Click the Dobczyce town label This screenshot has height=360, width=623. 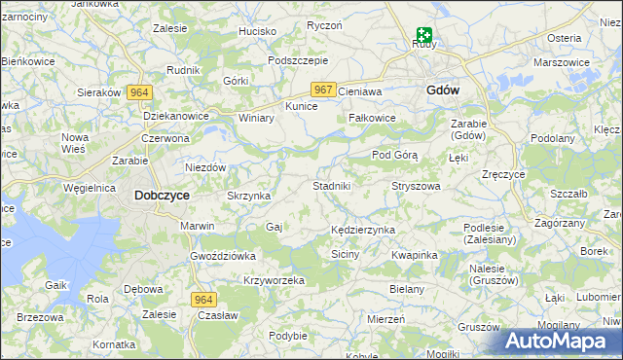pyautogui.click(x=161, y=196)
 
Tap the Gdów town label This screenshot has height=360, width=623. pyautogui.click(x=443, y=90)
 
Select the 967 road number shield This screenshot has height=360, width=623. pyautogui.click(x=324, y=90)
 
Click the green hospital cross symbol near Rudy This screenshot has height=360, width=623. pyautogui.click(x=424, y=34)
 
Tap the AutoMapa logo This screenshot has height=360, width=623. pyautogui.click(x=563, y=341)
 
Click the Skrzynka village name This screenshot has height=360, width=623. pyautogui.click(x=248, y=196)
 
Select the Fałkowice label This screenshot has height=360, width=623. pyautogui.click(x=372, y=119)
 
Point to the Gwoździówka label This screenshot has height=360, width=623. pyautogui.click(x=223, y=255)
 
